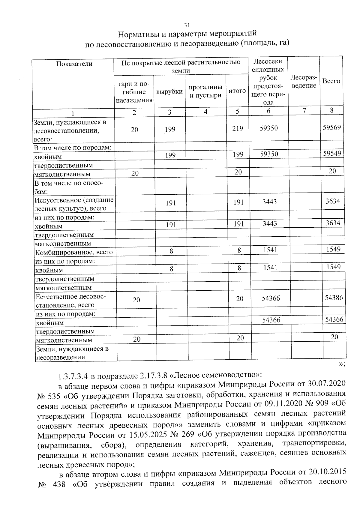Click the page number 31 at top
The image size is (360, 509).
[187, 25]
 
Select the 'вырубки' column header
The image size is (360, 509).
[169, 91]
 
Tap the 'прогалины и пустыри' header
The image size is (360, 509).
[205, 91]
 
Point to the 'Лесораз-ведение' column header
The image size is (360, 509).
[304, 82]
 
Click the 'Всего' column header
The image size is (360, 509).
[331, 81]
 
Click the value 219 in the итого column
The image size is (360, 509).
[237, 128]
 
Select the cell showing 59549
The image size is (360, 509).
[332, 154]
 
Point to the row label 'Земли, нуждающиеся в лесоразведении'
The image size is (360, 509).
[72, 353]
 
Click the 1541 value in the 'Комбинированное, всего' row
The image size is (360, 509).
[270, 250]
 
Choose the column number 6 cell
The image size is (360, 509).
[268, 111]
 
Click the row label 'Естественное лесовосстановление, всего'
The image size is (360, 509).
[71, 301]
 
